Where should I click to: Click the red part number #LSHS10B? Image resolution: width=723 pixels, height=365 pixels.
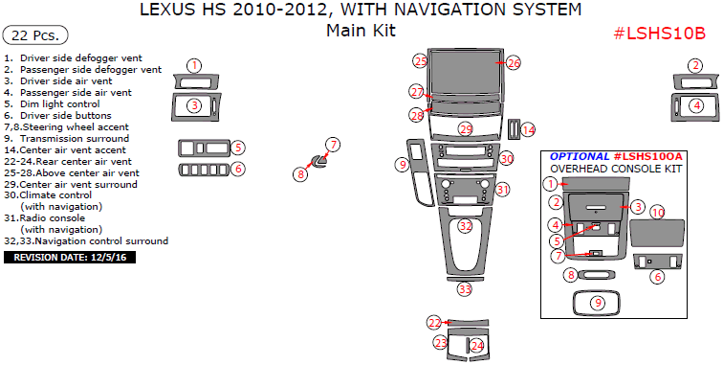pyautogui.click(x=659, y=34)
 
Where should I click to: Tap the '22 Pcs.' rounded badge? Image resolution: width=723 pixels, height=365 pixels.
pyautogui.click(x=35, y=35)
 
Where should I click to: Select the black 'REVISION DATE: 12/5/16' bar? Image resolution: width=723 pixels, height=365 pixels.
pyautogui.click(x=70, y=258)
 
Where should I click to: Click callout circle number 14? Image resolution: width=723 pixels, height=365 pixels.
pyautogui.click(x=528, y=130)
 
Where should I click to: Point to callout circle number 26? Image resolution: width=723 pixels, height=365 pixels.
pyautogui.click(x=514, y=63)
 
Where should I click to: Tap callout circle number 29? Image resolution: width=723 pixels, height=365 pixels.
pyautogui.click(x=466, y=129)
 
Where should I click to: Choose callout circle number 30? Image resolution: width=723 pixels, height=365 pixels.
pyautogui.click(x=507, y=158)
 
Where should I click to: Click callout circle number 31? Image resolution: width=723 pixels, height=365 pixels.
pyautogui.click(x=503, y=190)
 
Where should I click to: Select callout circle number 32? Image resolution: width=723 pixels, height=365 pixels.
pyautogui.click(x=466, y=226)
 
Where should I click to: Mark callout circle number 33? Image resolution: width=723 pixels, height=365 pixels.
pyautogui.click(x=465, y=289)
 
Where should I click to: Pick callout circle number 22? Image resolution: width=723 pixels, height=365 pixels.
pyautogui.click(x=434, y=323)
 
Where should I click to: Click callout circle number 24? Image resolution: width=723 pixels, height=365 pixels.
pyautogui.click(x=477, y=345)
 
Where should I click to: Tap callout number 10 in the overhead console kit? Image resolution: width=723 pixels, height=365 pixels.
pyautogui.click(x=658, y=213)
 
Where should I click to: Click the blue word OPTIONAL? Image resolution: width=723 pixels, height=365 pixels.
pyautogui.click(x=580, y=156)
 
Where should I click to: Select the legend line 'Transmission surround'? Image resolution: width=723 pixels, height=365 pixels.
pyautogui.click(x=75, y=138)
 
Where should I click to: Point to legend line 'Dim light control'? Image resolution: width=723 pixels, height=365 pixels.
pyautogui.click(x=60, y=104)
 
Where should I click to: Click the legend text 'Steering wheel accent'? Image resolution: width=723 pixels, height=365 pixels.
pyautogui.click(x=76, y=127)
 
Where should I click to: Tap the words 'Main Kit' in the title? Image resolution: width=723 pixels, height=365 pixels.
pyautogui.click(x=361, y=31)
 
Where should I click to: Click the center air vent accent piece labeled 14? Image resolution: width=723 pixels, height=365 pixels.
pyautogui.click(x=514, y=129)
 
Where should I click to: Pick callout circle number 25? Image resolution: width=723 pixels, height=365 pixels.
pyautogui.click(x=420, y=61)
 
